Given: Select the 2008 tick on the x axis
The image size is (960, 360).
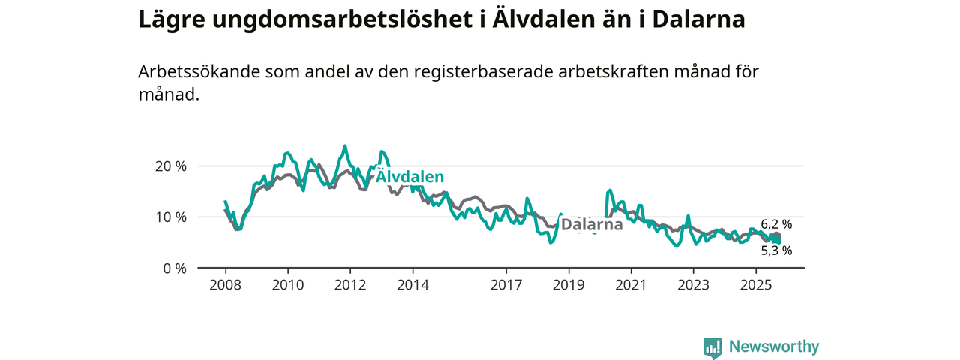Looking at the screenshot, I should point(225,285).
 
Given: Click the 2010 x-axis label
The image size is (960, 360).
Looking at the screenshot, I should point(287,285).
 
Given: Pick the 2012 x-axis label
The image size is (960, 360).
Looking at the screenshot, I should point(350,285).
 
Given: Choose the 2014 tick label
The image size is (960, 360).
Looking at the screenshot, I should point(412,285).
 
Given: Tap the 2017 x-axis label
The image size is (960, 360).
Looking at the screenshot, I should point(506,285).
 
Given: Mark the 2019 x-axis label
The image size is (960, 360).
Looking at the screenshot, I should point(568,285).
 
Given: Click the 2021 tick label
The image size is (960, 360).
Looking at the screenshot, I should point(631,285).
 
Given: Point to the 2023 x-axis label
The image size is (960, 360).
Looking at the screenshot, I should point(693,285).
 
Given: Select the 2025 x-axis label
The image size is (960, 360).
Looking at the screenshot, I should point(756,285).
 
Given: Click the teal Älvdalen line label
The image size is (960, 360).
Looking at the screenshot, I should point(410,177).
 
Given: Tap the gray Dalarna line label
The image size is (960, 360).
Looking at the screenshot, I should point(592,225).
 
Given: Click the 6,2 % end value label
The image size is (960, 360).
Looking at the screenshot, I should point(776,224).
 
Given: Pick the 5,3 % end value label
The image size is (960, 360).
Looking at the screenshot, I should point(776,250).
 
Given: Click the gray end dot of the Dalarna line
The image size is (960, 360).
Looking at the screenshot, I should point(776,236).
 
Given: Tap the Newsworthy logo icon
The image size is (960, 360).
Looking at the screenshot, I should point(712,347).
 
